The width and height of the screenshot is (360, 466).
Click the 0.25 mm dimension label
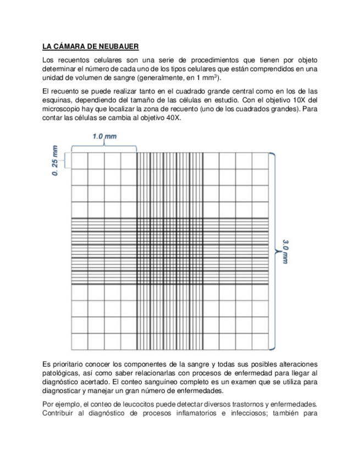[x=56, y=161]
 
